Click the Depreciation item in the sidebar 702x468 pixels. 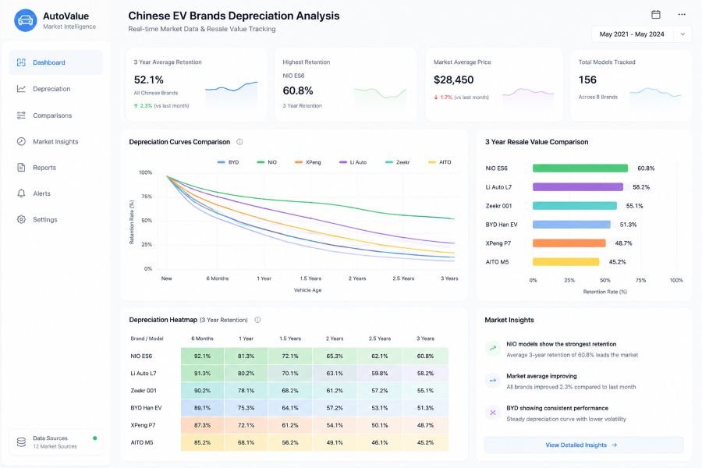(x=51, y=89)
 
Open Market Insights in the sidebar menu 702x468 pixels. (x=55, y=141)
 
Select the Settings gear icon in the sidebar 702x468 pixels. (x=21, y=219)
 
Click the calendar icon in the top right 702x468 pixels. (x=656, y=14)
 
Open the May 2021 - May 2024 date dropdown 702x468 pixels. (x=642, y=34)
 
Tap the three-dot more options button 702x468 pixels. (x=682, y=14)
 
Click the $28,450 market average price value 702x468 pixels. (x=453, y=80)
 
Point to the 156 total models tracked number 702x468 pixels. (x=587, y=80)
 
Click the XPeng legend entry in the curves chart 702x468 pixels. (x=308, y=162)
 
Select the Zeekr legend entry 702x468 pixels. (x=398, y=162)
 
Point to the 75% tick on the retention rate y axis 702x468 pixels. (x=147, y=197)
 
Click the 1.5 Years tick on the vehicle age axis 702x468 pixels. (x=310, y=278)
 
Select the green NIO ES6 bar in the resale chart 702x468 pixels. (x=580, y=168)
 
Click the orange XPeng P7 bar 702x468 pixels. (x=569, y=243)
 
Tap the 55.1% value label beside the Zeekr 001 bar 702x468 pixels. (x=634, y=206)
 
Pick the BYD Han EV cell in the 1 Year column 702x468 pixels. (x=246, y=408)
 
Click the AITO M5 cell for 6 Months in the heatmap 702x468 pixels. (x=202, y=442)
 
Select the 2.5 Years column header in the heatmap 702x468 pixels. (x=380, y=339)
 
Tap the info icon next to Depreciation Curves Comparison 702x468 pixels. (x=239, y=142)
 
